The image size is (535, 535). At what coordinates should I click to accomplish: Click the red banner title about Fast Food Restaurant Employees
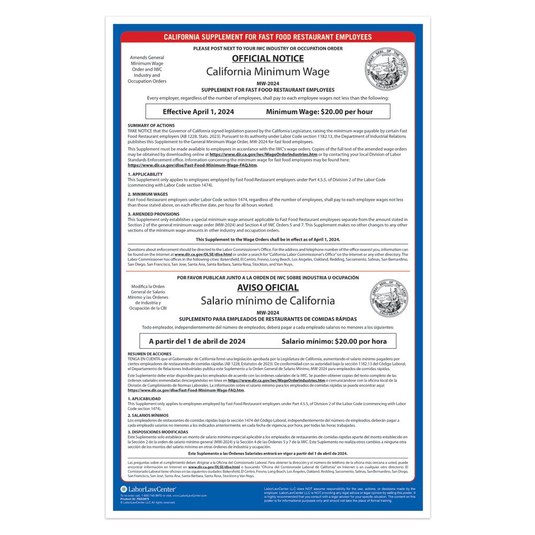point(267,37)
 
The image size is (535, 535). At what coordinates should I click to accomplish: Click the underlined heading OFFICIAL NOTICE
point(267,59)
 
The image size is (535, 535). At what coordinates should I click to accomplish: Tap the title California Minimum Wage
point(267,72)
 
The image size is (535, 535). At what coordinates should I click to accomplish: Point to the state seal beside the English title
point(386,68)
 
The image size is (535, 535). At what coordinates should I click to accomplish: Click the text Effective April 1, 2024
point(198,112)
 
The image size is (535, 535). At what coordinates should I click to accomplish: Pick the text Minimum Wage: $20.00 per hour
point(319,112)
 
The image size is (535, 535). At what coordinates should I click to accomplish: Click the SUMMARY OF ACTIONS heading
point(151,126)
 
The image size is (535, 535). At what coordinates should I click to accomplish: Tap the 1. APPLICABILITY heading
point(145,174)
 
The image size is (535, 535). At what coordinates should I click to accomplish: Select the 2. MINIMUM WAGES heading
point(148,194)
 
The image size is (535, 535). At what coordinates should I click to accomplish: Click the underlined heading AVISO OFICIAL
point(267,288)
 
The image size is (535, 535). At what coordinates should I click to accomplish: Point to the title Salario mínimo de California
point(267,301)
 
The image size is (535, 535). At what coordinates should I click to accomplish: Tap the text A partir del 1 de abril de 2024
point(197,341)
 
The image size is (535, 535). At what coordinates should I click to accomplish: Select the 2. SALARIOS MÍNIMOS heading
point(148,415)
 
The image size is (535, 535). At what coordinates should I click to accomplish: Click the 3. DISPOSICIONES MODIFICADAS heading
point(158,432)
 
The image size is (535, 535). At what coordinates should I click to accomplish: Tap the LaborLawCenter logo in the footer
point(148,489)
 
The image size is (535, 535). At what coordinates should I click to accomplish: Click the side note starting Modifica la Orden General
point(147,297)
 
